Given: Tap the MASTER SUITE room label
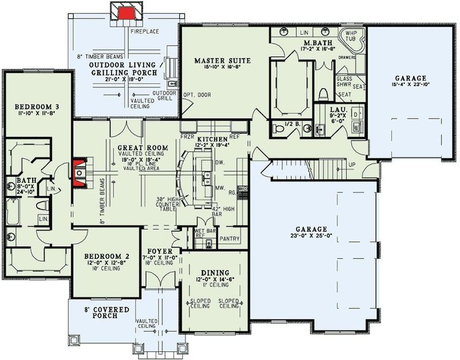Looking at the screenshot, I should [217, 60].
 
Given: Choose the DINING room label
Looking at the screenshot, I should [214, 273].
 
